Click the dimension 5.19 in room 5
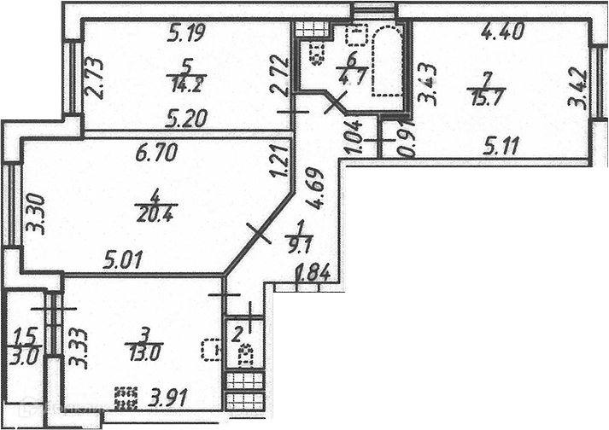point(185,35)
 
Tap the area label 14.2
point(184,84)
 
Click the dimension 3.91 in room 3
point(170,398)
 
